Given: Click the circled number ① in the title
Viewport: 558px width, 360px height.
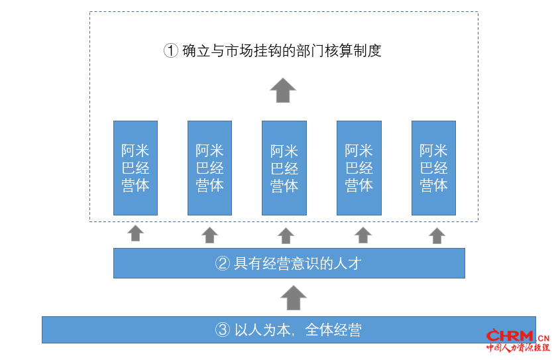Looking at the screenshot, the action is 171,50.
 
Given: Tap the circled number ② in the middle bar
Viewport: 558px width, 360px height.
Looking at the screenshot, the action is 223,263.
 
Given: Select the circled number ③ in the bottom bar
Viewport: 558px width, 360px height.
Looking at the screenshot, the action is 223,330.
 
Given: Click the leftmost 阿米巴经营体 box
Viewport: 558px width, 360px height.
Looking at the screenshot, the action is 136,168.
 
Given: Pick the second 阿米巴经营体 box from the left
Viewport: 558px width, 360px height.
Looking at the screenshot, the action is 209,168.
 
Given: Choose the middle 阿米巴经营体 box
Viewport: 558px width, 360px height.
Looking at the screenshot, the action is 284,168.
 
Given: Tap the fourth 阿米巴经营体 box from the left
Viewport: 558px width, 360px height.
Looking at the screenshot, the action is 359,168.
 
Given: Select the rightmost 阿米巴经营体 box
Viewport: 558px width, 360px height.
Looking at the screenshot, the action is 433,168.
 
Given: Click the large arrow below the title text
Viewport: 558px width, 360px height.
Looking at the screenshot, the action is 283,90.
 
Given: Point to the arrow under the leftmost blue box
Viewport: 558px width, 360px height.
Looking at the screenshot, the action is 136,233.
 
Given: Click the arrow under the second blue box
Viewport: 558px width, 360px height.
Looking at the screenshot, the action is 209,235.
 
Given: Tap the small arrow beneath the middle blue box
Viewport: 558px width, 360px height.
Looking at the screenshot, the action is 286,236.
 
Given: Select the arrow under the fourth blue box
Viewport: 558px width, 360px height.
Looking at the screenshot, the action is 363,235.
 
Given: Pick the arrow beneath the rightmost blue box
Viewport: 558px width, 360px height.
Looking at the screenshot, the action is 437,236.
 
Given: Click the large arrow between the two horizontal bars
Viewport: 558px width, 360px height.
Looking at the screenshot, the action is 294,298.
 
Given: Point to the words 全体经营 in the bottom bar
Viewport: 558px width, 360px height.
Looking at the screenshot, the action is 333,330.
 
